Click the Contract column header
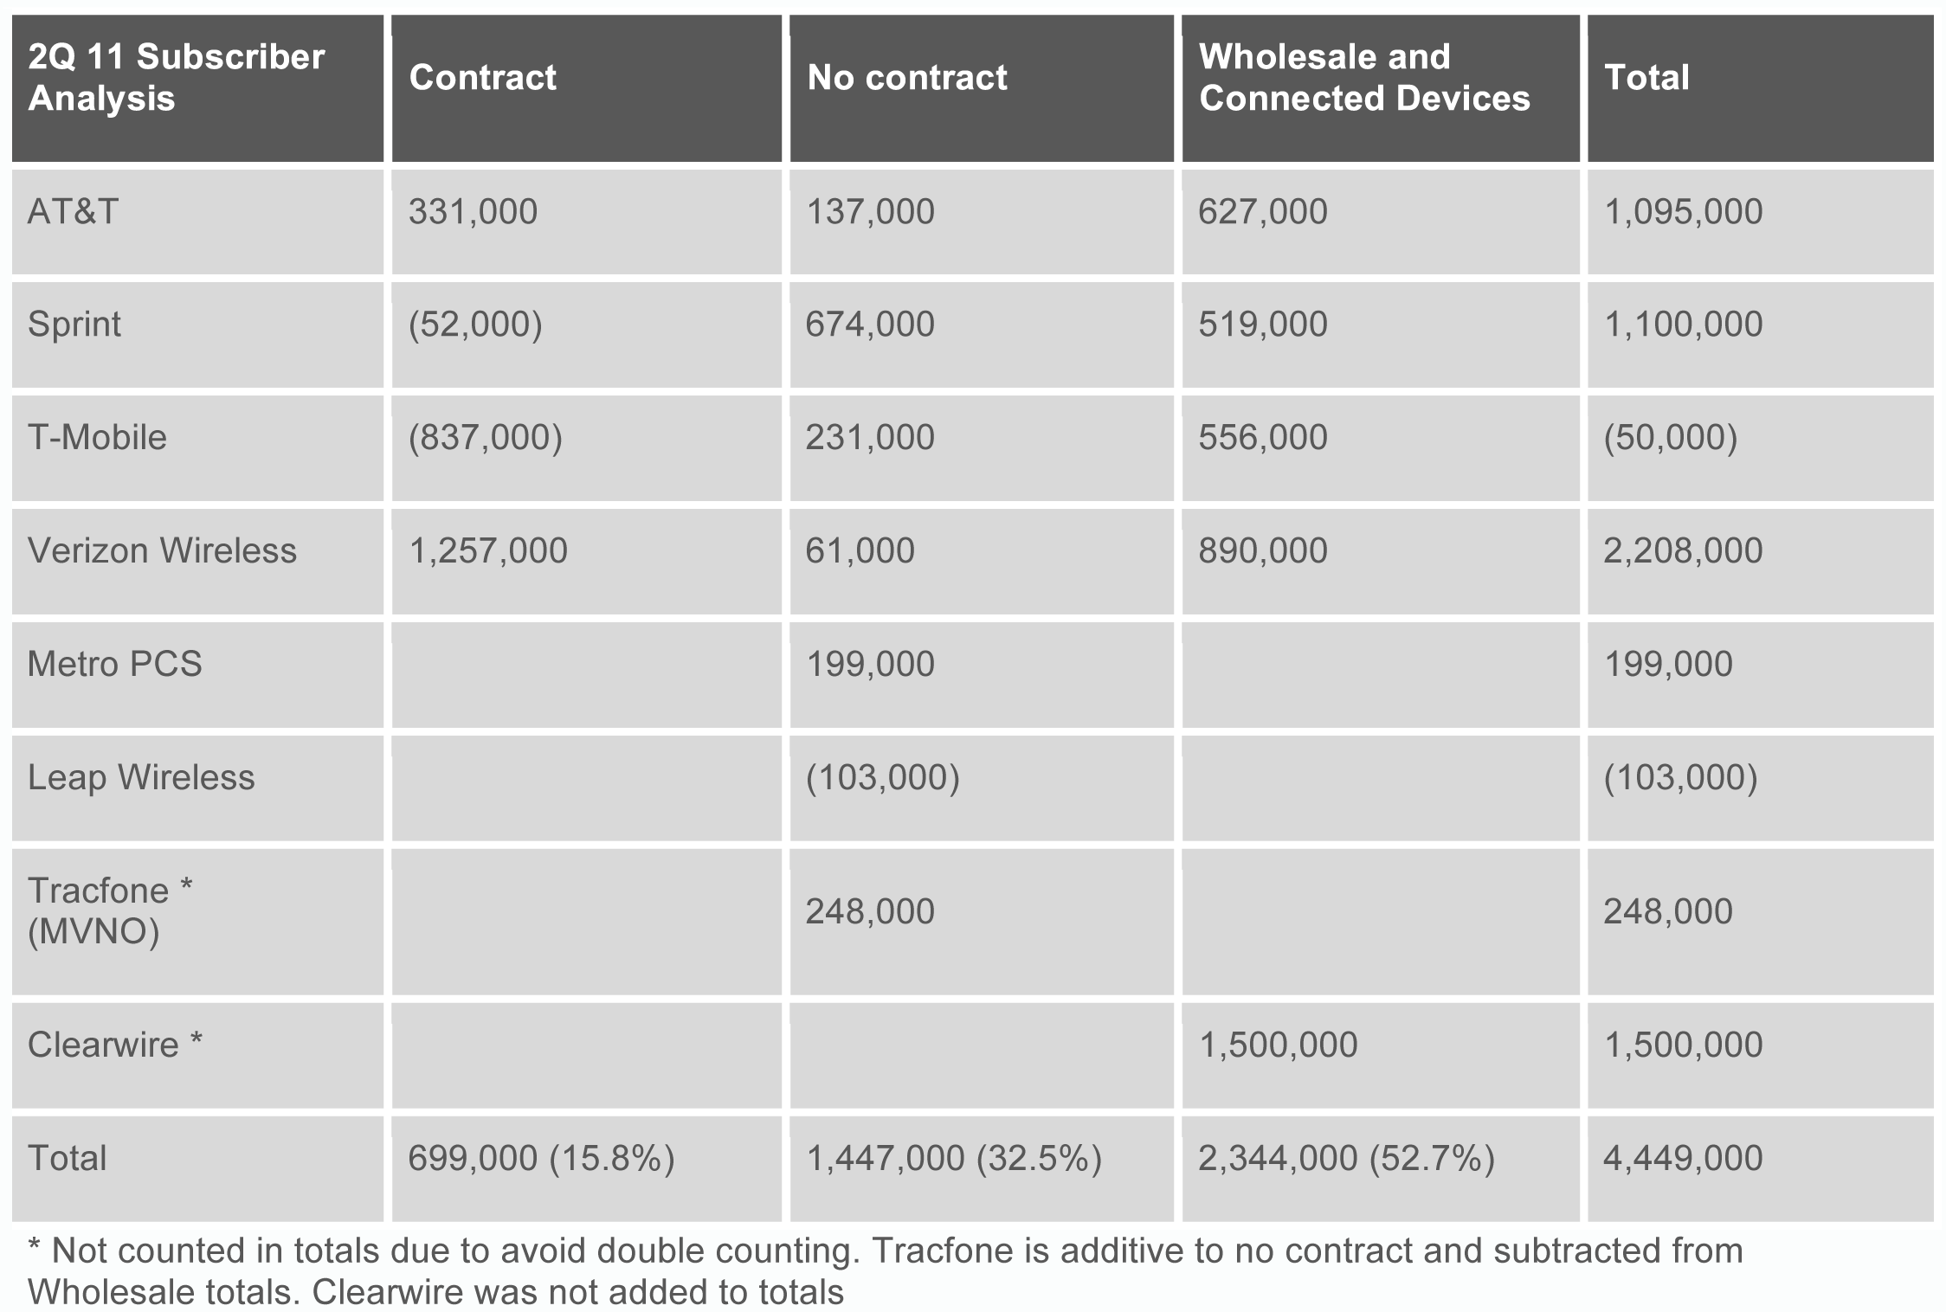point(482,78)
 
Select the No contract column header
point(906,78)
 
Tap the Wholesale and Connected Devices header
point(1363,78)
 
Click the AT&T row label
point(73,212)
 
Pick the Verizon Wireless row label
point(162,551)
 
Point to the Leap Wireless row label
point(141,778)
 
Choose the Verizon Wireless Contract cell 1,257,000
point(487,551)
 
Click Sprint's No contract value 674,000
point(870,325)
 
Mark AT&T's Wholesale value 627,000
point(1262,212)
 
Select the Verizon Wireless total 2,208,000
point(1682,551)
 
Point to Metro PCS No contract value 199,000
point(870,665)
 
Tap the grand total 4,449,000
point(1682,1159)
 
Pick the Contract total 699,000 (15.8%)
point(541,1159)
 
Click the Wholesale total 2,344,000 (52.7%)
point(1346,1159)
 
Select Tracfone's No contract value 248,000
point(870,912)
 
